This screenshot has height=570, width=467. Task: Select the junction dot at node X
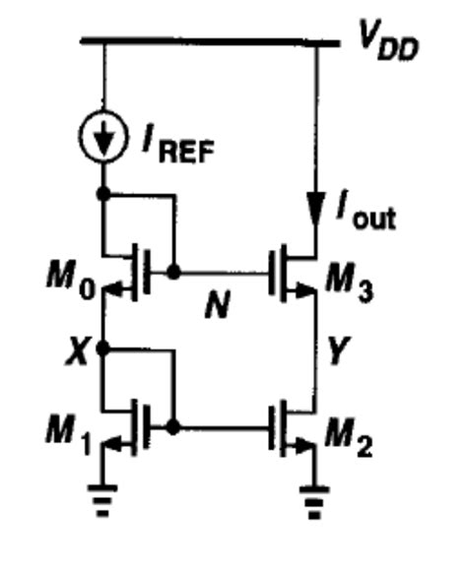point(104,348)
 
